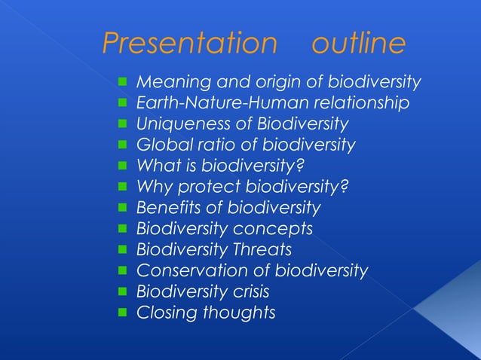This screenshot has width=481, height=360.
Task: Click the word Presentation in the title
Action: (189, 44)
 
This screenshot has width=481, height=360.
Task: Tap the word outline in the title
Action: (358, 44)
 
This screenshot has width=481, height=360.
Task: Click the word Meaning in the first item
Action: (168, 81)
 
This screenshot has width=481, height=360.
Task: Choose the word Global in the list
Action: (158, 145)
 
